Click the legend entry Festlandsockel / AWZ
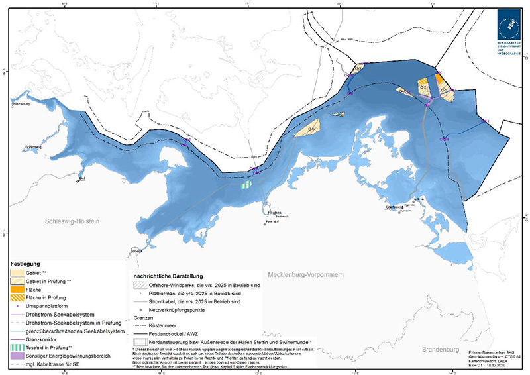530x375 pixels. tap(176, 334)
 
